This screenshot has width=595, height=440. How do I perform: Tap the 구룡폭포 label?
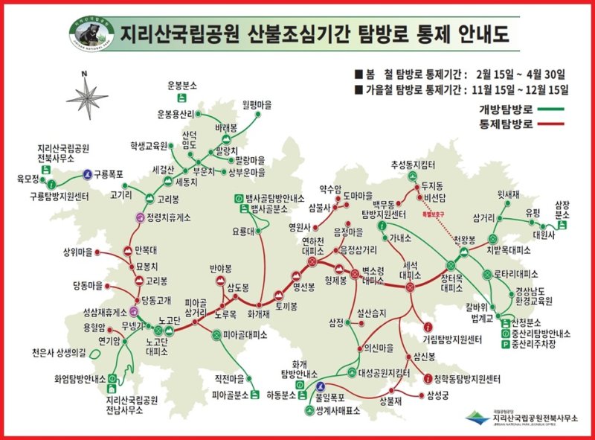tap(107, 174)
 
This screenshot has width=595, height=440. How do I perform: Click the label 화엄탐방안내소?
tap(76, 378)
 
